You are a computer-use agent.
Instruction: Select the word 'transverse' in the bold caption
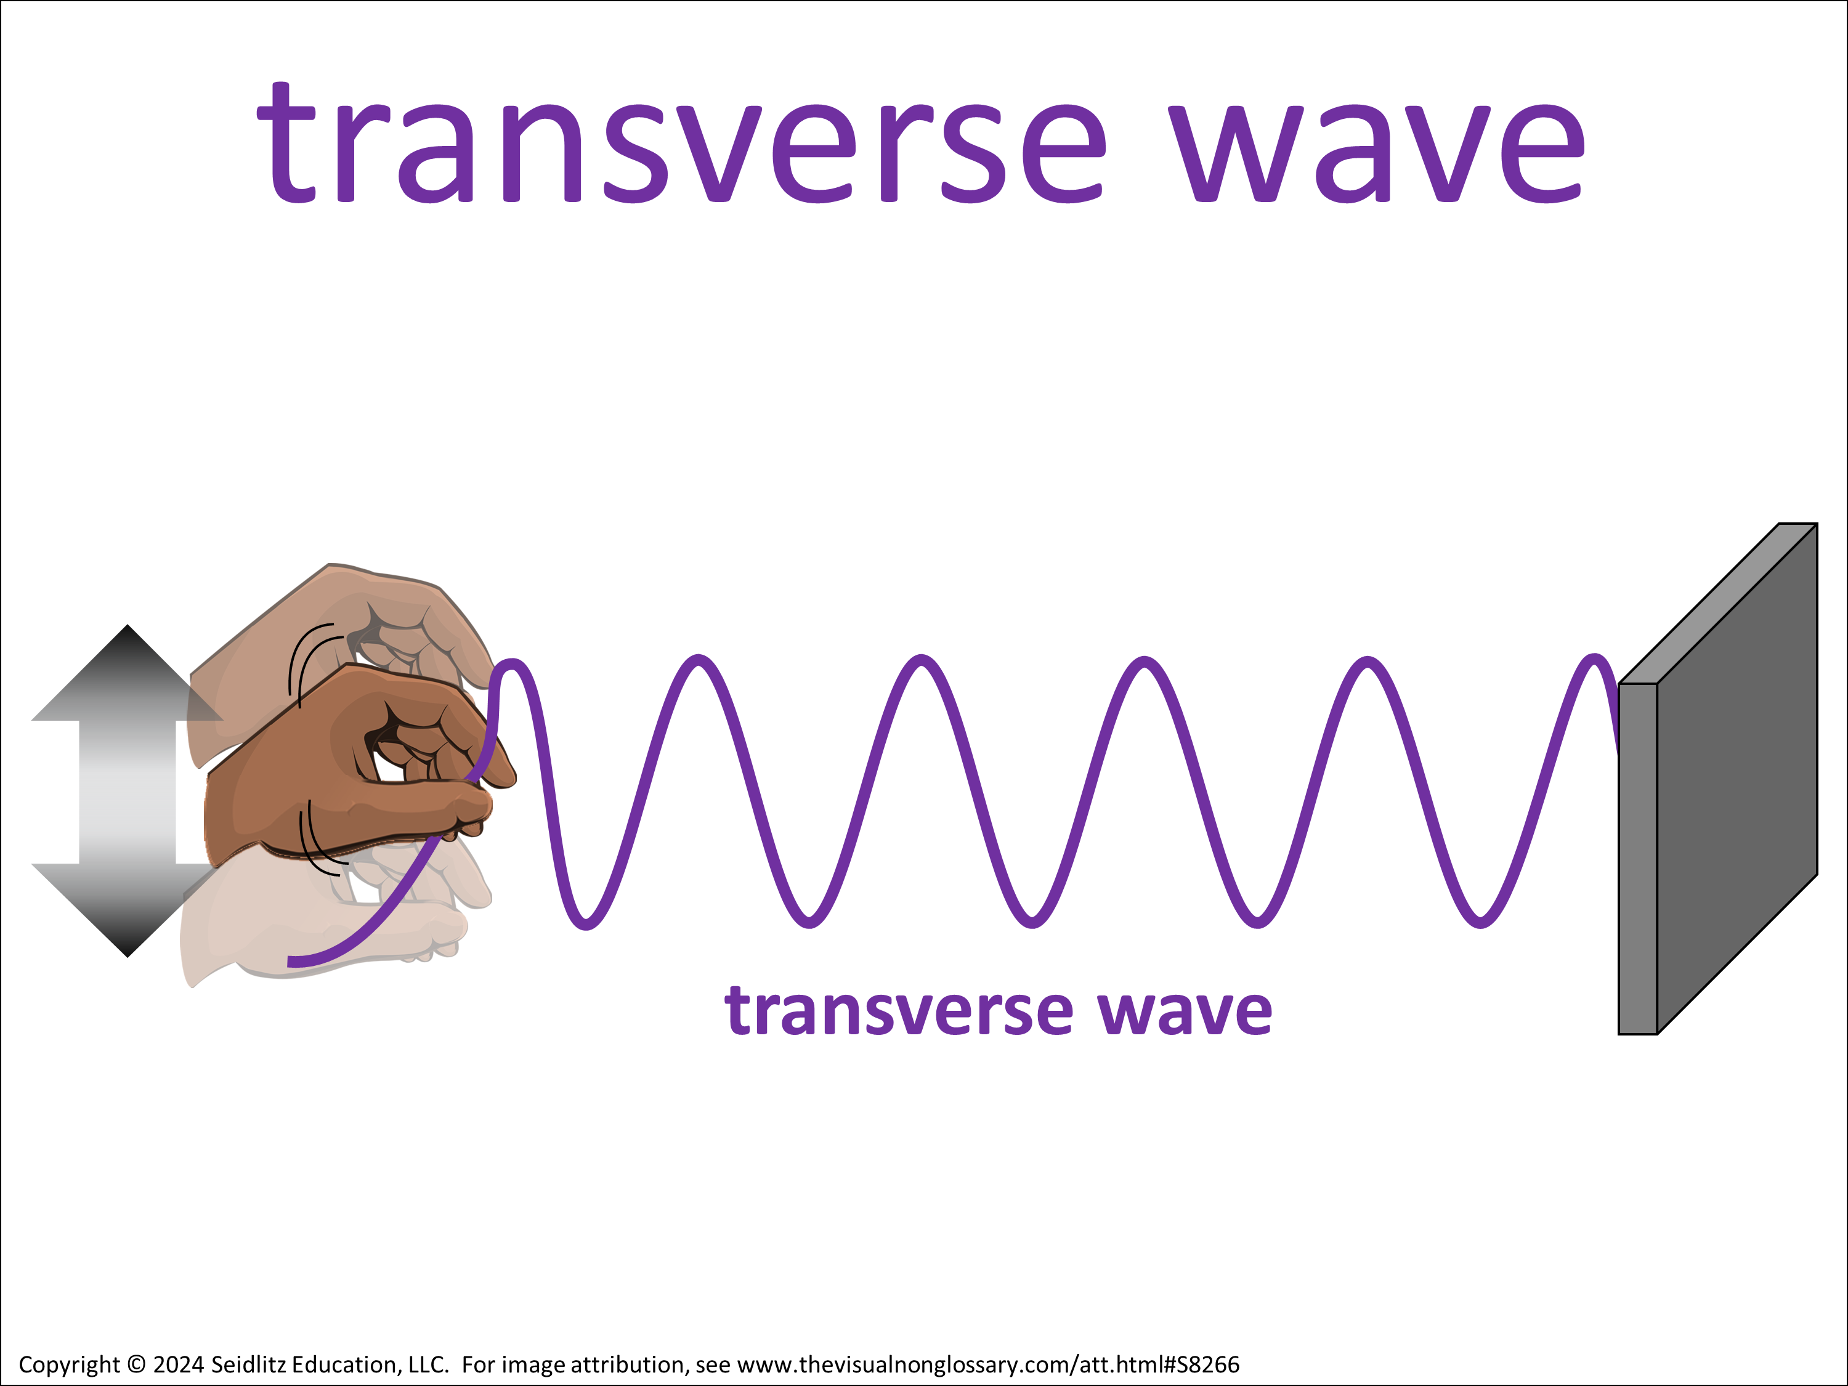point(899,1011)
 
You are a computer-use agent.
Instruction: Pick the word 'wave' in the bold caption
point(1185,1013)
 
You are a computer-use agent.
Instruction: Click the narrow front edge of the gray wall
point(1637,859)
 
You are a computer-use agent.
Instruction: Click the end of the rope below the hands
point(289,962)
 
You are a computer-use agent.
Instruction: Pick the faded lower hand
point(334,919)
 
